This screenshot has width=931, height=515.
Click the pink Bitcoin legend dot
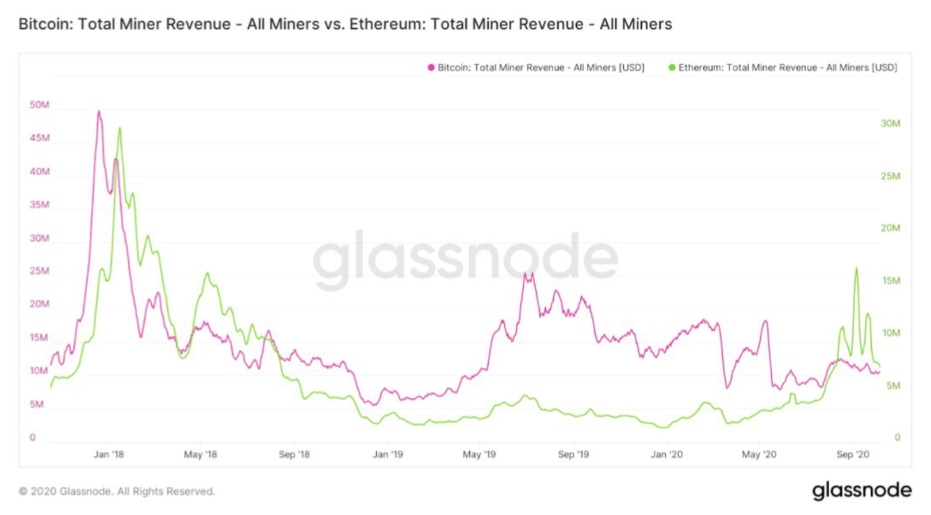pyautogui.click(x=431, y=68)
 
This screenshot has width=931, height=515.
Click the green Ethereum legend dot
pyautogui.click(x=672, y=68)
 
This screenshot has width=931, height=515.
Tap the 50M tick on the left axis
pyautogui.click(x=40, y=105)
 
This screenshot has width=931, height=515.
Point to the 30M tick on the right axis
pyautogui.click(x=890, y=124)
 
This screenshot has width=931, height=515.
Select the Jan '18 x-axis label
pyautogui.click(x=109, y=454)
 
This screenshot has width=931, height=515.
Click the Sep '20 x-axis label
pyautogui.click(x=853, y=454)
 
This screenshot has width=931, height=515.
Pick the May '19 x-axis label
pyautogui.click(x=479, y=454)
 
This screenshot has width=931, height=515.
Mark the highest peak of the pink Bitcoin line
pyautogui.click(x=99, y=112)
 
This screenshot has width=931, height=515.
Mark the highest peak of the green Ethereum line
pyautogui.click(x=120, y=128)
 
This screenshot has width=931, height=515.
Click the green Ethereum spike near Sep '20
pyautogui.click(x=856, y=268)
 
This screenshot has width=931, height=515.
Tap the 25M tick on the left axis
pyautogui.click(x=40, y=271)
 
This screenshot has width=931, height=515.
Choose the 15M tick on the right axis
pyautogui.click(x=891, y=280)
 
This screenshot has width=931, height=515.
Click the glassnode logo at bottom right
pyautogui.click(x=861, y=490)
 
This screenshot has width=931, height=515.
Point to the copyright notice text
pyautogui.click(x=117, y=491)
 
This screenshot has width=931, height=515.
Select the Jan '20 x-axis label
pyautogui.click(x=666, y=454)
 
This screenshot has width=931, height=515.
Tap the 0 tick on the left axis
pyautogui.click(x=33, y=437)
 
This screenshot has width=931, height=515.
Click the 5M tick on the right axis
pyautogui.click(x=893, y=386)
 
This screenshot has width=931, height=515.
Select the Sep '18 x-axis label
pyautogui.click(x=294, y=454)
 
